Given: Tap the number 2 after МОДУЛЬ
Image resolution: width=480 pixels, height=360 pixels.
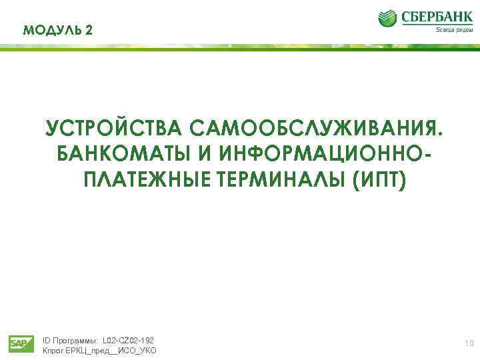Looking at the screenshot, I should click(89, 30).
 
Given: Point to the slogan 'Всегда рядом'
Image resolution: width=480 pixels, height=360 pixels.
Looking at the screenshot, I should click(454, 29).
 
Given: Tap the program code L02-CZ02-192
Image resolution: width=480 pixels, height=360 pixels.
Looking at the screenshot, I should click(128, 340).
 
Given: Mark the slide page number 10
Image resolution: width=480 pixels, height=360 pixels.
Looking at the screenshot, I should click(469, 343).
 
